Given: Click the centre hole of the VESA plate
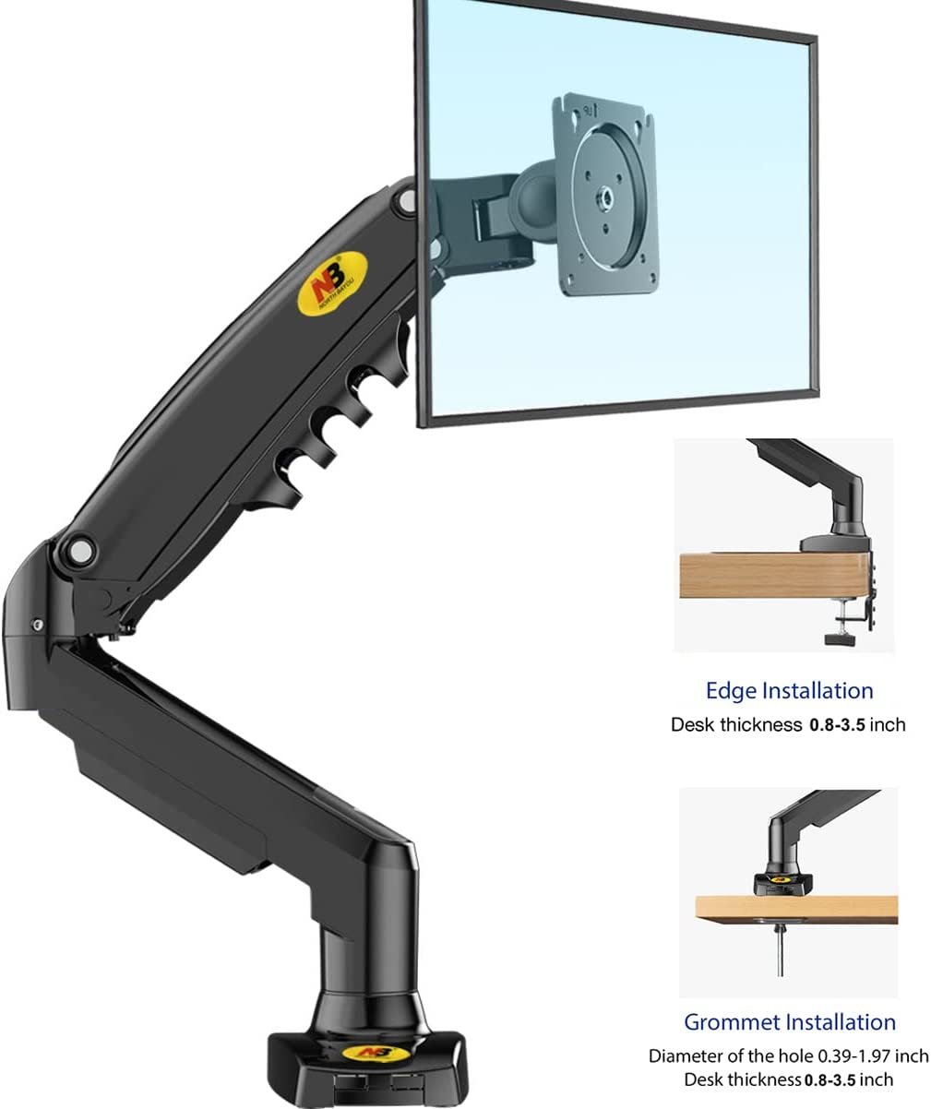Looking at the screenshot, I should (x=606, y=196).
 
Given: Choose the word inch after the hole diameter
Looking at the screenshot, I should (x=910, y=1055).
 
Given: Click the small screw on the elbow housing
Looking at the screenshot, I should (x=37, y=625).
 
